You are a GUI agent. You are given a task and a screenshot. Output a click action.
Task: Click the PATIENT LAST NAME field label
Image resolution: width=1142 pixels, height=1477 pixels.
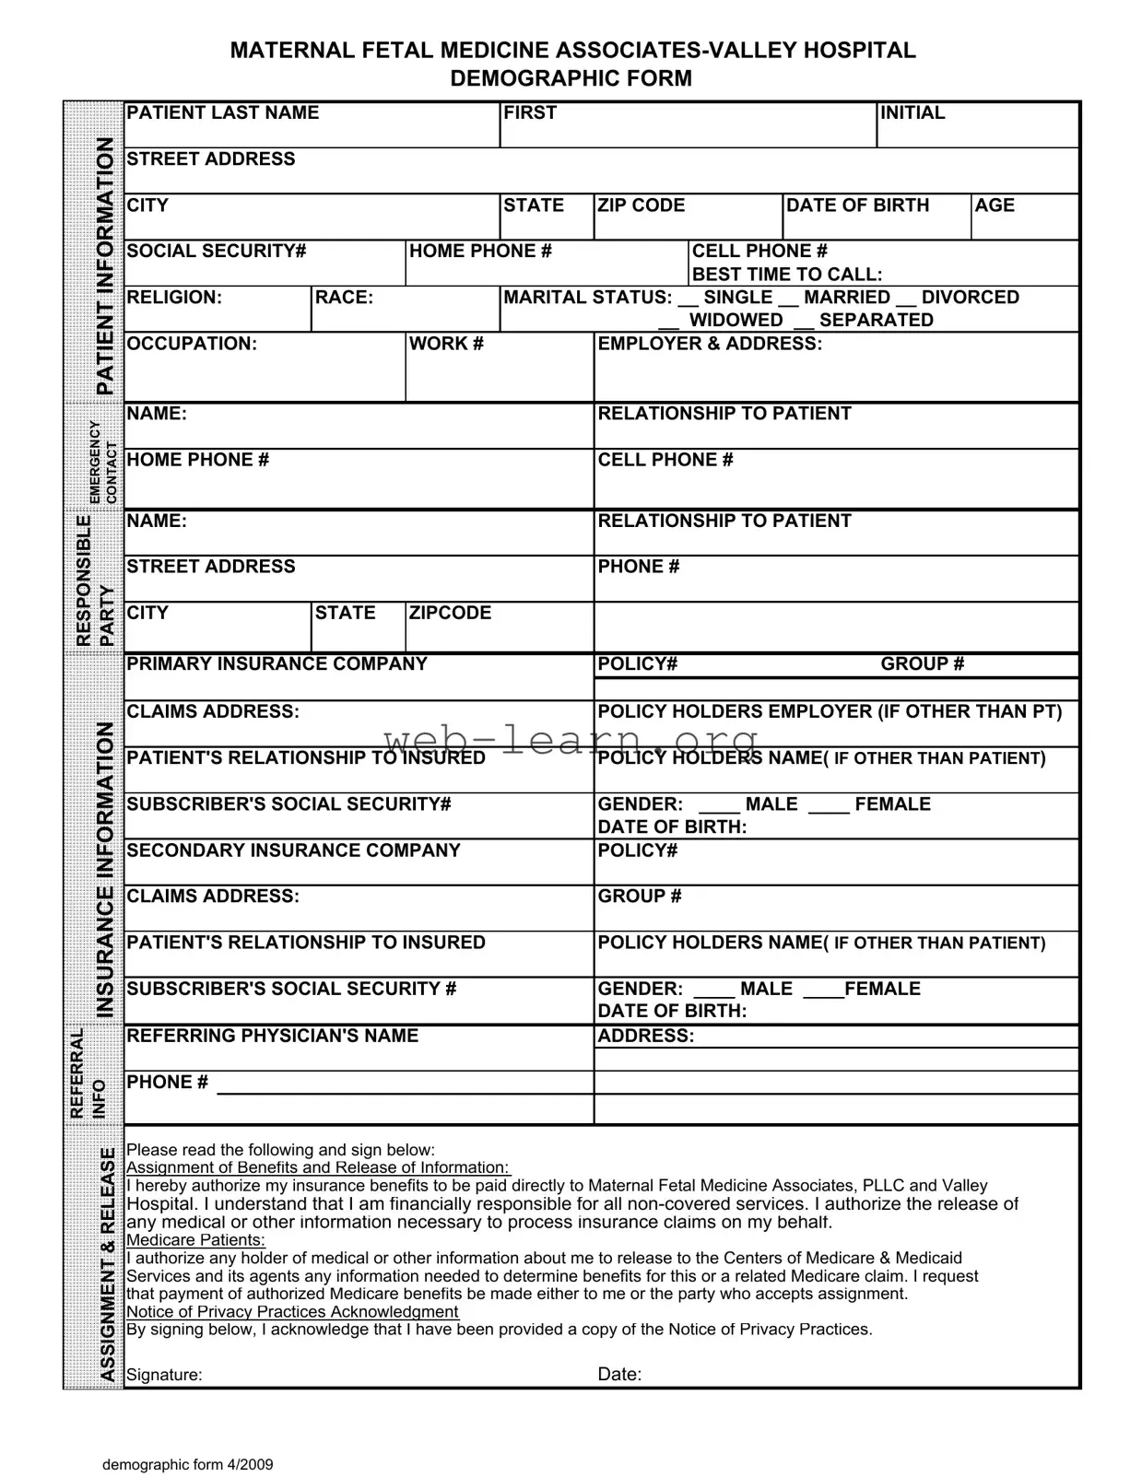[x=222, y=112]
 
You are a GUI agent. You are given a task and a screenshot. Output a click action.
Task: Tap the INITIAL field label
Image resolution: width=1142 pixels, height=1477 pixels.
[x=912, y=112]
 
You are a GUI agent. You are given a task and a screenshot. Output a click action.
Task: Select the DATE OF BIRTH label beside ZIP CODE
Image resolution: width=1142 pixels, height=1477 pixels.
[x=857, y=205]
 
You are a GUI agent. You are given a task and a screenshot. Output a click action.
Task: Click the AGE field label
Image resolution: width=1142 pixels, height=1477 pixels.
[x=995, y=205]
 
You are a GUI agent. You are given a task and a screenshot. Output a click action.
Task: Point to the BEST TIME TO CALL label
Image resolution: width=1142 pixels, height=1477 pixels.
[x=786, y=274]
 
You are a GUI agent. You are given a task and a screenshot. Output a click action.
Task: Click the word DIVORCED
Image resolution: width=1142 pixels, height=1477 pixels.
[x=970, y=297]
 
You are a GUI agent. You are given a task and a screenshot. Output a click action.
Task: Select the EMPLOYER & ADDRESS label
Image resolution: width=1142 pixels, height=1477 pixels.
[x=709, y=344]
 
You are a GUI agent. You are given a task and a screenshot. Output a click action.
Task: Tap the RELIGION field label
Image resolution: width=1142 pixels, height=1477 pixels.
[x=173, y=297]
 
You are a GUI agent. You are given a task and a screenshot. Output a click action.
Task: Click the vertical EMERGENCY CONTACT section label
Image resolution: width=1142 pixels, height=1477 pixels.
[x=103, y=462]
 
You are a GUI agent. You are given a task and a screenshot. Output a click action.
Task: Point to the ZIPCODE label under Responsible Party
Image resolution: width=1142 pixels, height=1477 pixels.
[x=450, y=613]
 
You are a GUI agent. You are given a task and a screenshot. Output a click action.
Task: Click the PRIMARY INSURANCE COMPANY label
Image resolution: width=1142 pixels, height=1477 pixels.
[x=277, y=663]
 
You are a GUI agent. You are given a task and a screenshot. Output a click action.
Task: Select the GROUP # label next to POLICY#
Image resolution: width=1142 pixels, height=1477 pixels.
[x=922, y=663]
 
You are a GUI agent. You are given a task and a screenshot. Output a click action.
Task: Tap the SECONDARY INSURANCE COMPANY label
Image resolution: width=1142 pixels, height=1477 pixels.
[x=293, y=850]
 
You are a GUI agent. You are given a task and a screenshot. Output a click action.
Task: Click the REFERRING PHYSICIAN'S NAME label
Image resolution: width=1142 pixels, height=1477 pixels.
[x=272, y=1036]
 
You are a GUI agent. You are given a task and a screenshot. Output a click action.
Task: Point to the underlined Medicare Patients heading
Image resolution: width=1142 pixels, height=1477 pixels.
[x=195, y=1240]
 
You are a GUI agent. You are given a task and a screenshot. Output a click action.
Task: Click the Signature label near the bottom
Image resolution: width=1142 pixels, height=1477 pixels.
[x=164, y=1375]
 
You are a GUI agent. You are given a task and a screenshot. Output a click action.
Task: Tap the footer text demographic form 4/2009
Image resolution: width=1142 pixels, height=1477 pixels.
[x=187, y=1465]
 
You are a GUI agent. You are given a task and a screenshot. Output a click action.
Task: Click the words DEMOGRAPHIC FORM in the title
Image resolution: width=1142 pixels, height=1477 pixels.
[x=571, y=78]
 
